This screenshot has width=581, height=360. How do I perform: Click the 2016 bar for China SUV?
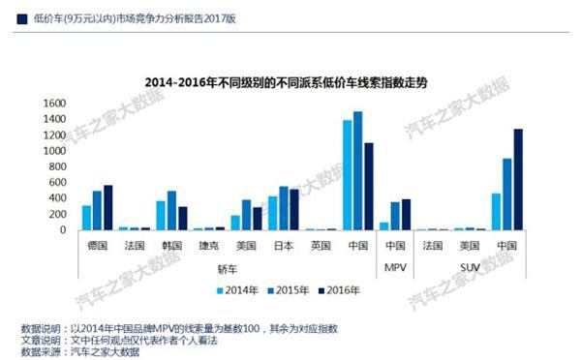[518, 180]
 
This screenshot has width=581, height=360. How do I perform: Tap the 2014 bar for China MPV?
[383, 226]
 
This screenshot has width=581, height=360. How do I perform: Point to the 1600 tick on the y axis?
[53, 103]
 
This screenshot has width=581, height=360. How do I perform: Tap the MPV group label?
[395, 266]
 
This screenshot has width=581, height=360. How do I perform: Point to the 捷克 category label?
[203, 246]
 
